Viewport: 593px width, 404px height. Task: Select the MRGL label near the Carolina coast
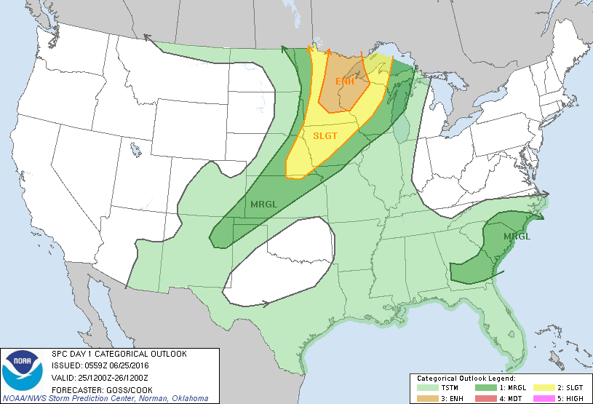(x=516, y=237)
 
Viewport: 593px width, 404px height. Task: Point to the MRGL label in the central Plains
(x=263, y=204)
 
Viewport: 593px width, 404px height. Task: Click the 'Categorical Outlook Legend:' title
(x=466, y=379)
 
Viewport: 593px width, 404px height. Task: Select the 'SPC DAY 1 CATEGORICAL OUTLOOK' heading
(x=119, y=355)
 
